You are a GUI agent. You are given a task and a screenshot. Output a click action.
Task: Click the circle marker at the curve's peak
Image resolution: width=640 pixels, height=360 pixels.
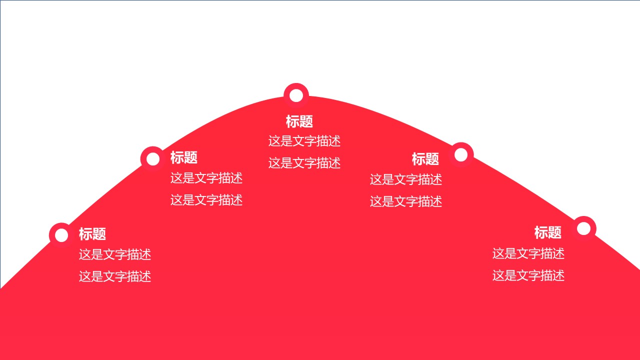tap(296, 95)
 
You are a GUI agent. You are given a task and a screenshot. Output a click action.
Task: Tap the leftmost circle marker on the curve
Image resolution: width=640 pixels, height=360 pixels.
tap(61, 235)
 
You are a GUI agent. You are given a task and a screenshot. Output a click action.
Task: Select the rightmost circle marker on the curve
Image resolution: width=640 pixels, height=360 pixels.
tap(583, 228)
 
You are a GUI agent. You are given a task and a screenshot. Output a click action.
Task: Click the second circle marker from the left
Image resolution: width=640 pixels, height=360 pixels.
tap(153, 159)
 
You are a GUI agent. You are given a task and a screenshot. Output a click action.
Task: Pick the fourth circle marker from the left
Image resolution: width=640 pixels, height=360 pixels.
tap(461, 155)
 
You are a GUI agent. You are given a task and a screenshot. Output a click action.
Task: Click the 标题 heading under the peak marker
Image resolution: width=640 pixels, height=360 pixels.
tap(299, 121)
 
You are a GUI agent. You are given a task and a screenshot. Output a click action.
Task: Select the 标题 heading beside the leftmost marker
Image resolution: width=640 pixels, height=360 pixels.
tap(92, 234)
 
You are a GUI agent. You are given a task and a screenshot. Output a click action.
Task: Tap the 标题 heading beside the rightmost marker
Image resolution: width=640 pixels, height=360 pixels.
tap(548, 232)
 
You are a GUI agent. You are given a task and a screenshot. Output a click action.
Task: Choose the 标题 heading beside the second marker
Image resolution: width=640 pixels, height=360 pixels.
tap(184, 157)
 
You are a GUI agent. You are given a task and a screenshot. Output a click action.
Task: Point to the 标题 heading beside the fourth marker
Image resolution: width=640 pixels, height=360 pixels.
tap(425, 159)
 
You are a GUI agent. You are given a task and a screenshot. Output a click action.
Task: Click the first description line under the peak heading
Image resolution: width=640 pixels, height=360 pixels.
tap(304, 141)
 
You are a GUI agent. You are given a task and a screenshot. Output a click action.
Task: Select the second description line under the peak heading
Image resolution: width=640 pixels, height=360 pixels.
tap(304, 163)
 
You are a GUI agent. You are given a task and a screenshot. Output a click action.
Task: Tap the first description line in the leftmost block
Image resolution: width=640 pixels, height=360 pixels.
tap(115, 255)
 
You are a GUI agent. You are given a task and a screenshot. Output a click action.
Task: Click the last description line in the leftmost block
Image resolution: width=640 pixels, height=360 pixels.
tap(115, 276)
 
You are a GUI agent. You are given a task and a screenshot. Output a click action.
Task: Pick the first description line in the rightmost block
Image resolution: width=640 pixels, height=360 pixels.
tap(528, 254)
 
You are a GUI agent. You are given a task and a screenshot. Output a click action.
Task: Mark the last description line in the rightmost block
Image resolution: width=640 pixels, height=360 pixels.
tap(528, 275)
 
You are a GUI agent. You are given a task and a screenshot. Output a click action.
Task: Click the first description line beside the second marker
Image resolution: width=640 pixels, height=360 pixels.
tap(206, 178)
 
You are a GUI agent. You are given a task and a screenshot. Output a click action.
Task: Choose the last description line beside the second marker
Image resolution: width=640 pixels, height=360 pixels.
tap(206, 200)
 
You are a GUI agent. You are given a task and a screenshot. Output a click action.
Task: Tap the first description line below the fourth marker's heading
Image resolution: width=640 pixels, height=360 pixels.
tap(406, 179)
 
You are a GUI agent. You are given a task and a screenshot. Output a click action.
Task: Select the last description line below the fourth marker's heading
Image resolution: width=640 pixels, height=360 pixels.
tap(406, 201)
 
